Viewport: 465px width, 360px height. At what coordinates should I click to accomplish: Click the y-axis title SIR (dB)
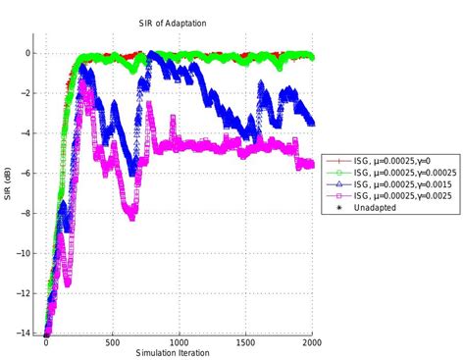[8, 184]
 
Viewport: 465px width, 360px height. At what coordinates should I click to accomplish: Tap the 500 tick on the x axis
[113, 344]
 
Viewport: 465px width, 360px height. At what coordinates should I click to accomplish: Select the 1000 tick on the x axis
[180, 344]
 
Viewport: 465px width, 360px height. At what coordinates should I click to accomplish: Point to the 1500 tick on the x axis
[246, 344]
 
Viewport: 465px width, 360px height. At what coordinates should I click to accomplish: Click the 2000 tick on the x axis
[313, 344]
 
